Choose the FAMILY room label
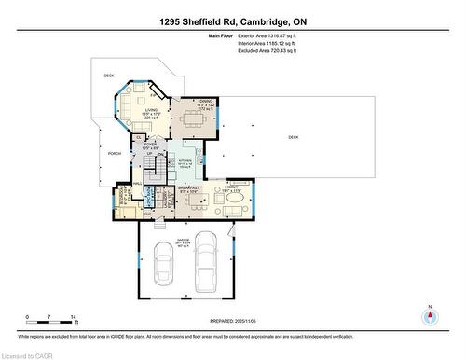[230, 188]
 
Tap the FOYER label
[149, 145]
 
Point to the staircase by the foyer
[156, 170]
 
